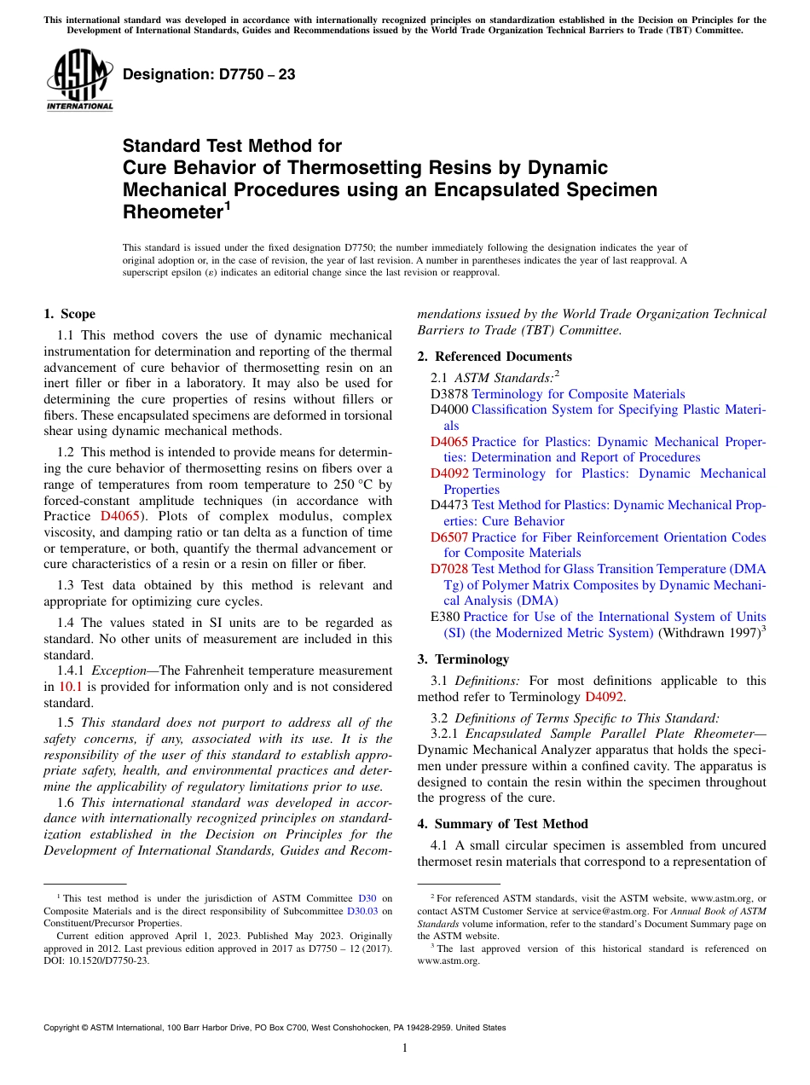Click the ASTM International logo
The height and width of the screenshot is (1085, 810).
tap(79, 80)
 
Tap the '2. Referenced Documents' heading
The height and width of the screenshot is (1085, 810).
tap(495, 357)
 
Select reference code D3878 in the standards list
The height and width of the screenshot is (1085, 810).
tap(449, 394)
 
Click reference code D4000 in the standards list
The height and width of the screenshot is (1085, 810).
tap(449, 409)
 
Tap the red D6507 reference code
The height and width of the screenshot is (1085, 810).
tap(449, 537)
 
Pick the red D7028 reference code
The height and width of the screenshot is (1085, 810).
tap(449, 569)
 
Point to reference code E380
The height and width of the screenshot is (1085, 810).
tap(446, 617)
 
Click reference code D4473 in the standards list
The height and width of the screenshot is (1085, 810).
tap(449, 505)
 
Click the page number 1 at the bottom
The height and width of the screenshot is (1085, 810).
tap(405, 1048)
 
